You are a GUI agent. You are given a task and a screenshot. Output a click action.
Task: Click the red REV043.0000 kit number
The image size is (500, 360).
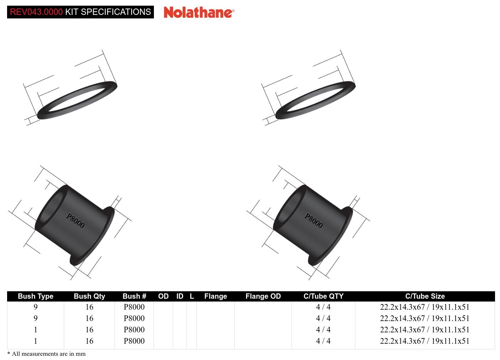pos(36,12)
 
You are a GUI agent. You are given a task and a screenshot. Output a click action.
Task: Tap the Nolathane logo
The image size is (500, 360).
pos(199,12)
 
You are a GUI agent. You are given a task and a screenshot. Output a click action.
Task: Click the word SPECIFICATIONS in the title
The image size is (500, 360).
pos(116,12)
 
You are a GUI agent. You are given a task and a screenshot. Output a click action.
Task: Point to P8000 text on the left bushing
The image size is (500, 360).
pos(75,220)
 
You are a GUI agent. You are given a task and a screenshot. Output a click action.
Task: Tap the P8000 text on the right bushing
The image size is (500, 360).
pos(313,220)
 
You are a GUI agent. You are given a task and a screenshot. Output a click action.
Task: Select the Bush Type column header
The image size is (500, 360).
pos(35,296)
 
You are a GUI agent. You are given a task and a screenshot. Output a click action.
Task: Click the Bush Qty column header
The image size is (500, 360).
pos(89,296)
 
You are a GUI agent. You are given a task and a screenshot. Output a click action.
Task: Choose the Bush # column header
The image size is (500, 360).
pos(134,296)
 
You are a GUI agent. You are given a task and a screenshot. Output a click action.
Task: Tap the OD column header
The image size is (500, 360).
pos(163,296)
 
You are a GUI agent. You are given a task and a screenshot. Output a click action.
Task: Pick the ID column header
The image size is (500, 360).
pos(180,296)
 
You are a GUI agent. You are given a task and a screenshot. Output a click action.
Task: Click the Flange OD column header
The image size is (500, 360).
pos(263,296)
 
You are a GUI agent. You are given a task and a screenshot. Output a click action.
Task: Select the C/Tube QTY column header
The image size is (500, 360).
pos(323,296)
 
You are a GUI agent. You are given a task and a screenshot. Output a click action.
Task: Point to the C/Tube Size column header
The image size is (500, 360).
pos(425,296)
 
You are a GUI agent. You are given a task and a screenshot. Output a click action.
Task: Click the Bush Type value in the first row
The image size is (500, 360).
pos(35,307)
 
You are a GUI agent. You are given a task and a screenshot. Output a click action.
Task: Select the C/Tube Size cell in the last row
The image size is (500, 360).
pos(424,341)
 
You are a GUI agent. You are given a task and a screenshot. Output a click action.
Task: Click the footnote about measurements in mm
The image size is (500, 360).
pos(46,354)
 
